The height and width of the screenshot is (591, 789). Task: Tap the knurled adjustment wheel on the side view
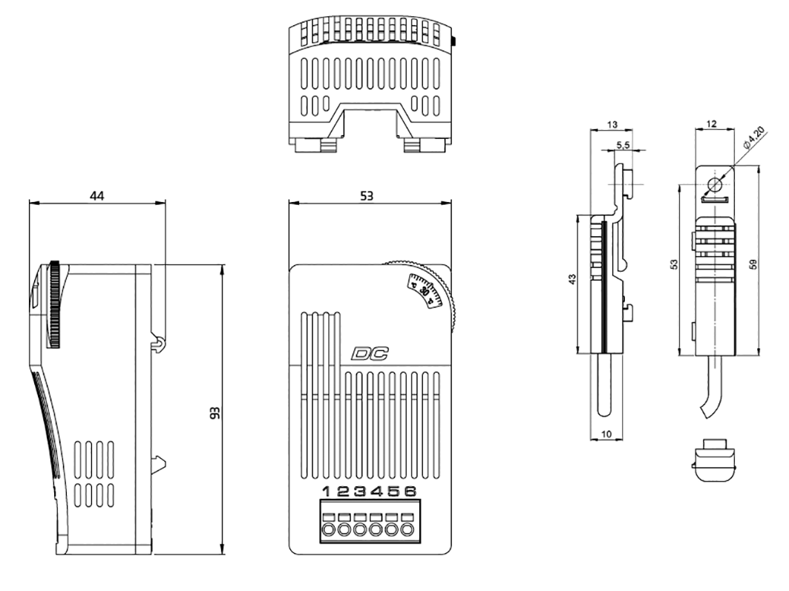pyautogui.click(x=55, y=304)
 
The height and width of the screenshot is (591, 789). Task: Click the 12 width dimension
pyautogui.click(x=710, y=123)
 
